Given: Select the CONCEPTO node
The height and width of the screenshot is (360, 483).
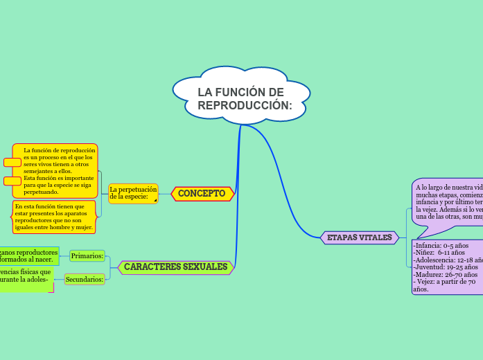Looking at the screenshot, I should coord(202,194).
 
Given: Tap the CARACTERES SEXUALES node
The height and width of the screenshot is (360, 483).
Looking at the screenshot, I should coord(175,267).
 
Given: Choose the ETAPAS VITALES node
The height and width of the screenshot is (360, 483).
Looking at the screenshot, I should coord(359,238).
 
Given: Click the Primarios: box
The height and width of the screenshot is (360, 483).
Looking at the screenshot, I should coord(87,256).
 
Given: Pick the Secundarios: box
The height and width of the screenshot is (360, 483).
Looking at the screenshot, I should coord(85,280).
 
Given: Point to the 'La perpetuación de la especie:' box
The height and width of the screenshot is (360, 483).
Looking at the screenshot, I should coord(133,193).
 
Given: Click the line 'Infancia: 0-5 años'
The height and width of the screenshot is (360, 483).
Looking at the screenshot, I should coord(441,245).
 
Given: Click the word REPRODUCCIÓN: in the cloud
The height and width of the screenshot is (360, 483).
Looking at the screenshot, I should coord(245,105).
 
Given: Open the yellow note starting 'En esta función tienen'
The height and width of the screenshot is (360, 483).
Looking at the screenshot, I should coord(54,217).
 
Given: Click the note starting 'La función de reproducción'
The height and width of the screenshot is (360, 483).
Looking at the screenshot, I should coord(58,171).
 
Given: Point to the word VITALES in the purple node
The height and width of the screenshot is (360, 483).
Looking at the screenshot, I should coord(375,238).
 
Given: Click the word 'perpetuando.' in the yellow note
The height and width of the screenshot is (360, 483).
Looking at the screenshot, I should coord(41,192).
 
